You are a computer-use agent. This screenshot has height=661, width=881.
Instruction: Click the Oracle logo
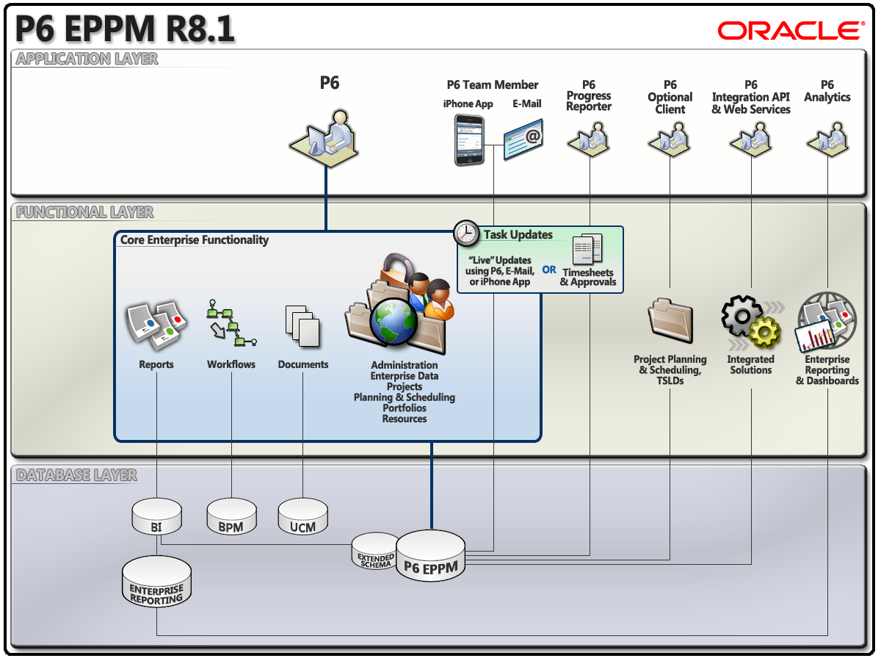[x=790, y=30]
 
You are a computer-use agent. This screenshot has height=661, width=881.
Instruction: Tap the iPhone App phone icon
[x=468, y=140]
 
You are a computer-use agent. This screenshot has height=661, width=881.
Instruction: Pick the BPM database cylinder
[x=231, y=516]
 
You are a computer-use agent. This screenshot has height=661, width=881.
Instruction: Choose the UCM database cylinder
[x=302, y=516]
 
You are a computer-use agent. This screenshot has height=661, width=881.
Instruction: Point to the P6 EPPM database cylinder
[x=431, y=556]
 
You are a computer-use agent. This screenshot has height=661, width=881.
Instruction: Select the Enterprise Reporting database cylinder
[x=156, y=581]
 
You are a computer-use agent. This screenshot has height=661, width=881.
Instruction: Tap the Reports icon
[x=154, y=323]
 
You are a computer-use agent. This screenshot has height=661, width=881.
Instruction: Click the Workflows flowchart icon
[x=230, y=323]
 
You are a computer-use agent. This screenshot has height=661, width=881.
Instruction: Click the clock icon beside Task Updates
[x=465, y=233]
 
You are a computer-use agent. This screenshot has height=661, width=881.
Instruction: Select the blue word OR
[x=549, y=270]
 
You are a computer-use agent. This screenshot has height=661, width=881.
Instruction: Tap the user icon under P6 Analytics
[x=828, y=136]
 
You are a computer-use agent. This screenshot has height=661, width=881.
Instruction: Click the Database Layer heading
[x=76, y=475]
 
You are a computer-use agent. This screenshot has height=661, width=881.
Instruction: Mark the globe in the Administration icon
[x=393, y=322]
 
